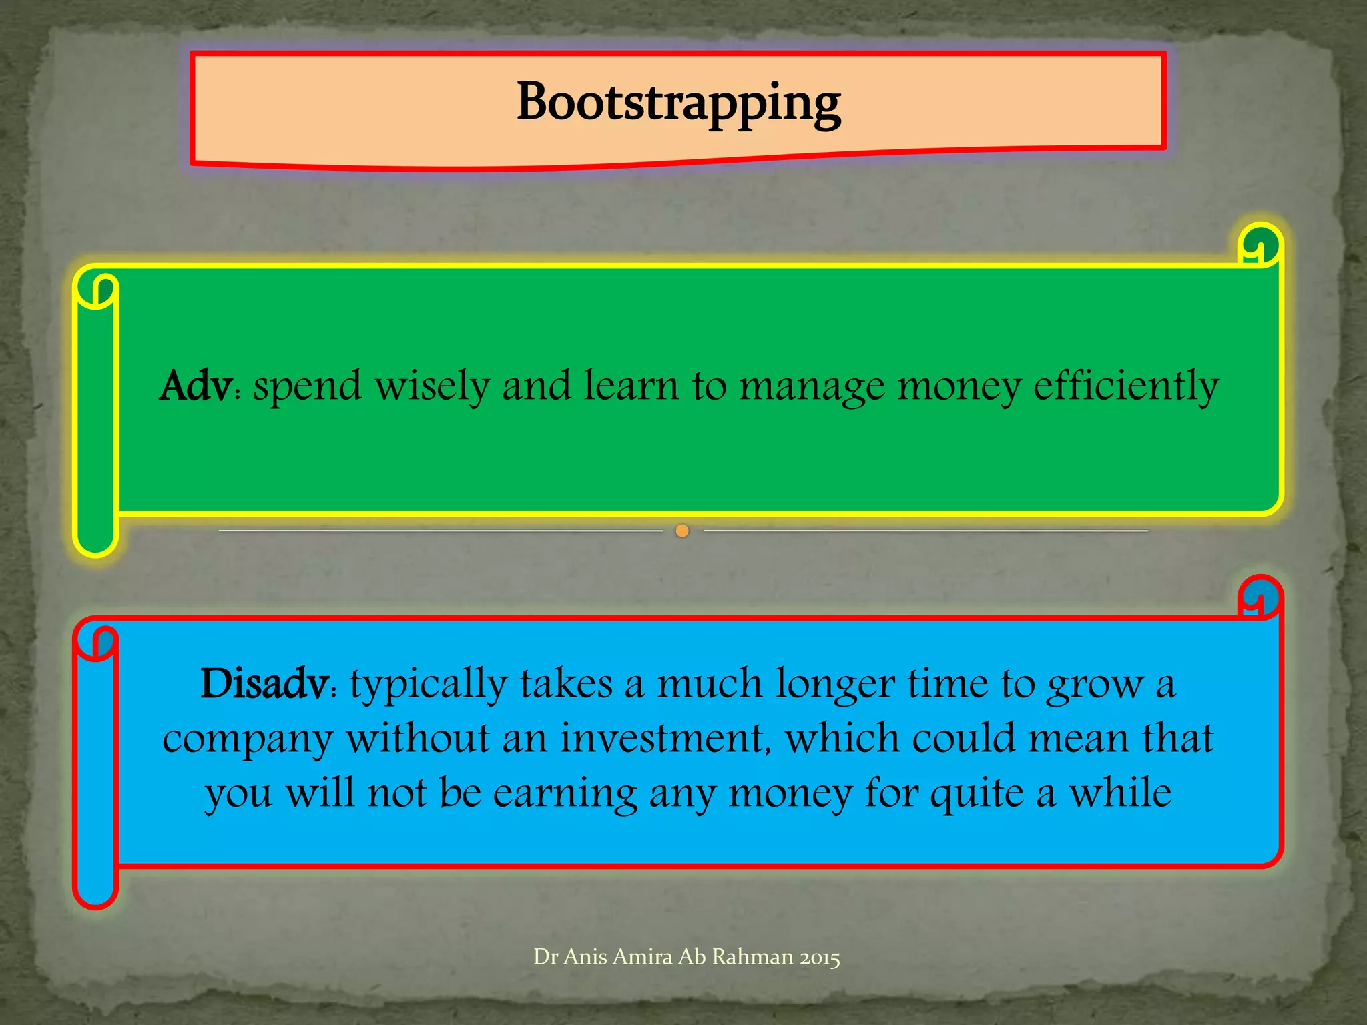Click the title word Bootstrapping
[x=678, y=103]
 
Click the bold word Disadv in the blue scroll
[x=264, y=684]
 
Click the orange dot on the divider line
[x=682, y=531]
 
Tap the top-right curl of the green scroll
[x=1260, y=246]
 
